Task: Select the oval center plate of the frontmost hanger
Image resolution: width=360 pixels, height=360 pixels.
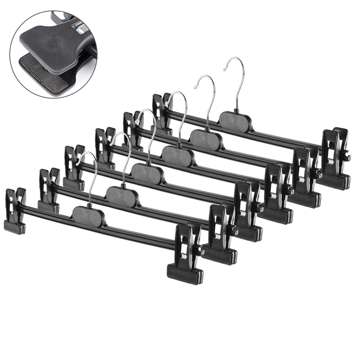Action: tap(87, 216)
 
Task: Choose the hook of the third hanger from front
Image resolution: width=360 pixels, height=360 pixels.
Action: tap(152, 127)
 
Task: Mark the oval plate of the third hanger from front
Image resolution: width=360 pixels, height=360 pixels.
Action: tap(147, 173)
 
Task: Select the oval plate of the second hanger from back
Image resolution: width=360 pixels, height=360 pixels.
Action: tap(205, 139)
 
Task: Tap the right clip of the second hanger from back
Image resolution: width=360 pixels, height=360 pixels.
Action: tap(306, 176)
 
